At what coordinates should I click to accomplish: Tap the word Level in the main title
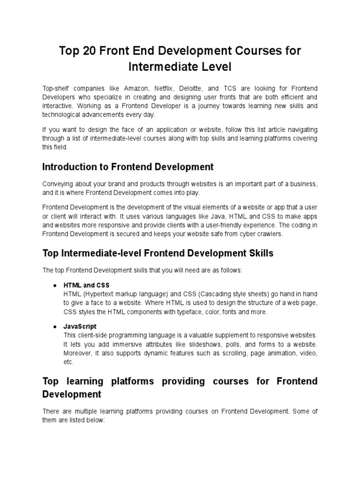point(216,67)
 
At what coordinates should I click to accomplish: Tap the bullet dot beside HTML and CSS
point(55,285)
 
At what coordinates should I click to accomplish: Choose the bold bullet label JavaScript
point(80,326)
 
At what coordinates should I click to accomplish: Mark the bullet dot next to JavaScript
point(55,326)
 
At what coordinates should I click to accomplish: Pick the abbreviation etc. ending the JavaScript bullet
point(68,361)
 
